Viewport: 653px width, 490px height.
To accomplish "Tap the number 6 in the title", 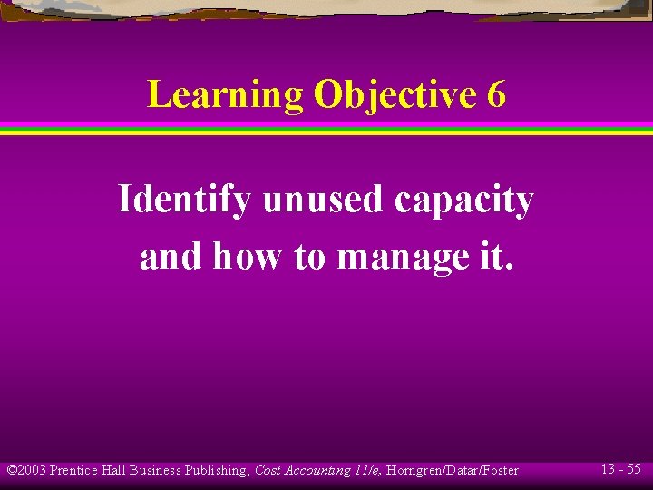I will (496, 95).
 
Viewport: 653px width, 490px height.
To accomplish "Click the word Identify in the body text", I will (184, 201).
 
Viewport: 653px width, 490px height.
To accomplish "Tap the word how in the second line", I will (248, 257).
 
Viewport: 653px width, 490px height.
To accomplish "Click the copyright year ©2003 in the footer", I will (26, 470).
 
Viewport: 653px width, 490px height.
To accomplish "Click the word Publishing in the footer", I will (216, 470).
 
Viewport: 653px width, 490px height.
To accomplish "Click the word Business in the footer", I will (156, 470).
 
